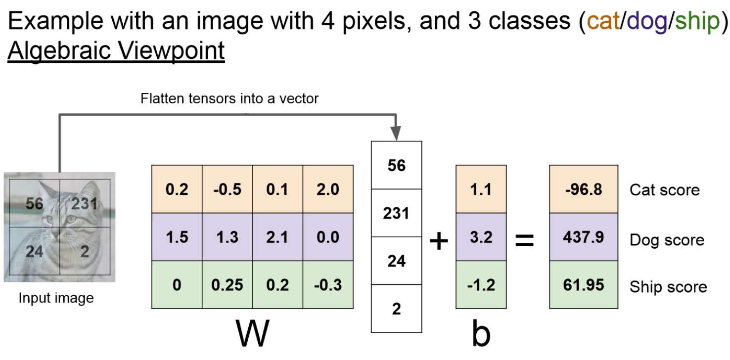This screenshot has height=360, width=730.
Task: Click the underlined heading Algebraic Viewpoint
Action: coord(116,51)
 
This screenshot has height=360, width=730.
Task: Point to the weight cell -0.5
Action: coord(227,189)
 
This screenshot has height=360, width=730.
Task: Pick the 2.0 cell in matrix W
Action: coord(328,189)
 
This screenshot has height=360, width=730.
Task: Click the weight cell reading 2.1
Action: coord(277,237)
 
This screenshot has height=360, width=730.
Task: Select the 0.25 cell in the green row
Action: coord(227,285)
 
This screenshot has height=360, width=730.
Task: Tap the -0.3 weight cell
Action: coord(328,285)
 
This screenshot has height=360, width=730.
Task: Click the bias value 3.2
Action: coord(481,237)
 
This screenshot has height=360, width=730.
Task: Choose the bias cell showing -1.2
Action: coord(481,285)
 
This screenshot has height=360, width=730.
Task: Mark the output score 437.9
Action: coord(584,237)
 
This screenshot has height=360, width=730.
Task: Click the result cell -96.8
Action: coord(584,189)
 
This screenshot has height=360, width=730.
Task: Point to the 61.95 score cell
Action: coord(584,285)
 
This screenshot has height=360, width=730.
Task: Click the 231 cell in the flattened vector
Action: coord(397,213)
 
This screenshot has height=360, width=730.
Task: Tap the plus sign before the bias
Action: coord(438,241)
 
